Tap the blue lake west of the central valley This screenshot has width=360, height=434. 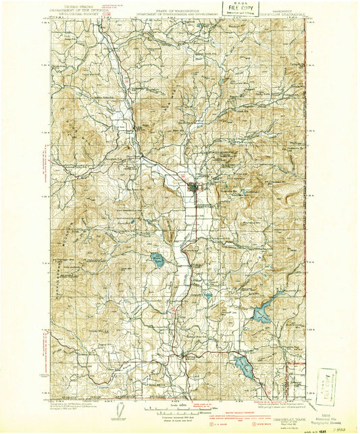pyautogui.click(x=157, y=258)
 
